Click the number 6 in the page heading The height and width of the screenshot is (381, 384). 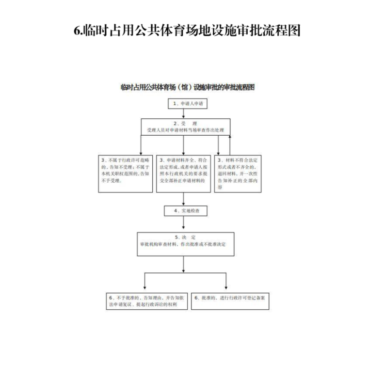point(78,30)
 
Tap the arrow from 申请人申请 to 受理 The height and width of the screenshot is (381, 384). point(183,114)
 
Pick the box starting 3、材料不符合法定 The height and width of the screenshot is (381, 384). point(238,174)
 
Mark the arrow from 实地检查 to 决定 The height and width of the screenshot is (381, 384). point(183,223)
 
